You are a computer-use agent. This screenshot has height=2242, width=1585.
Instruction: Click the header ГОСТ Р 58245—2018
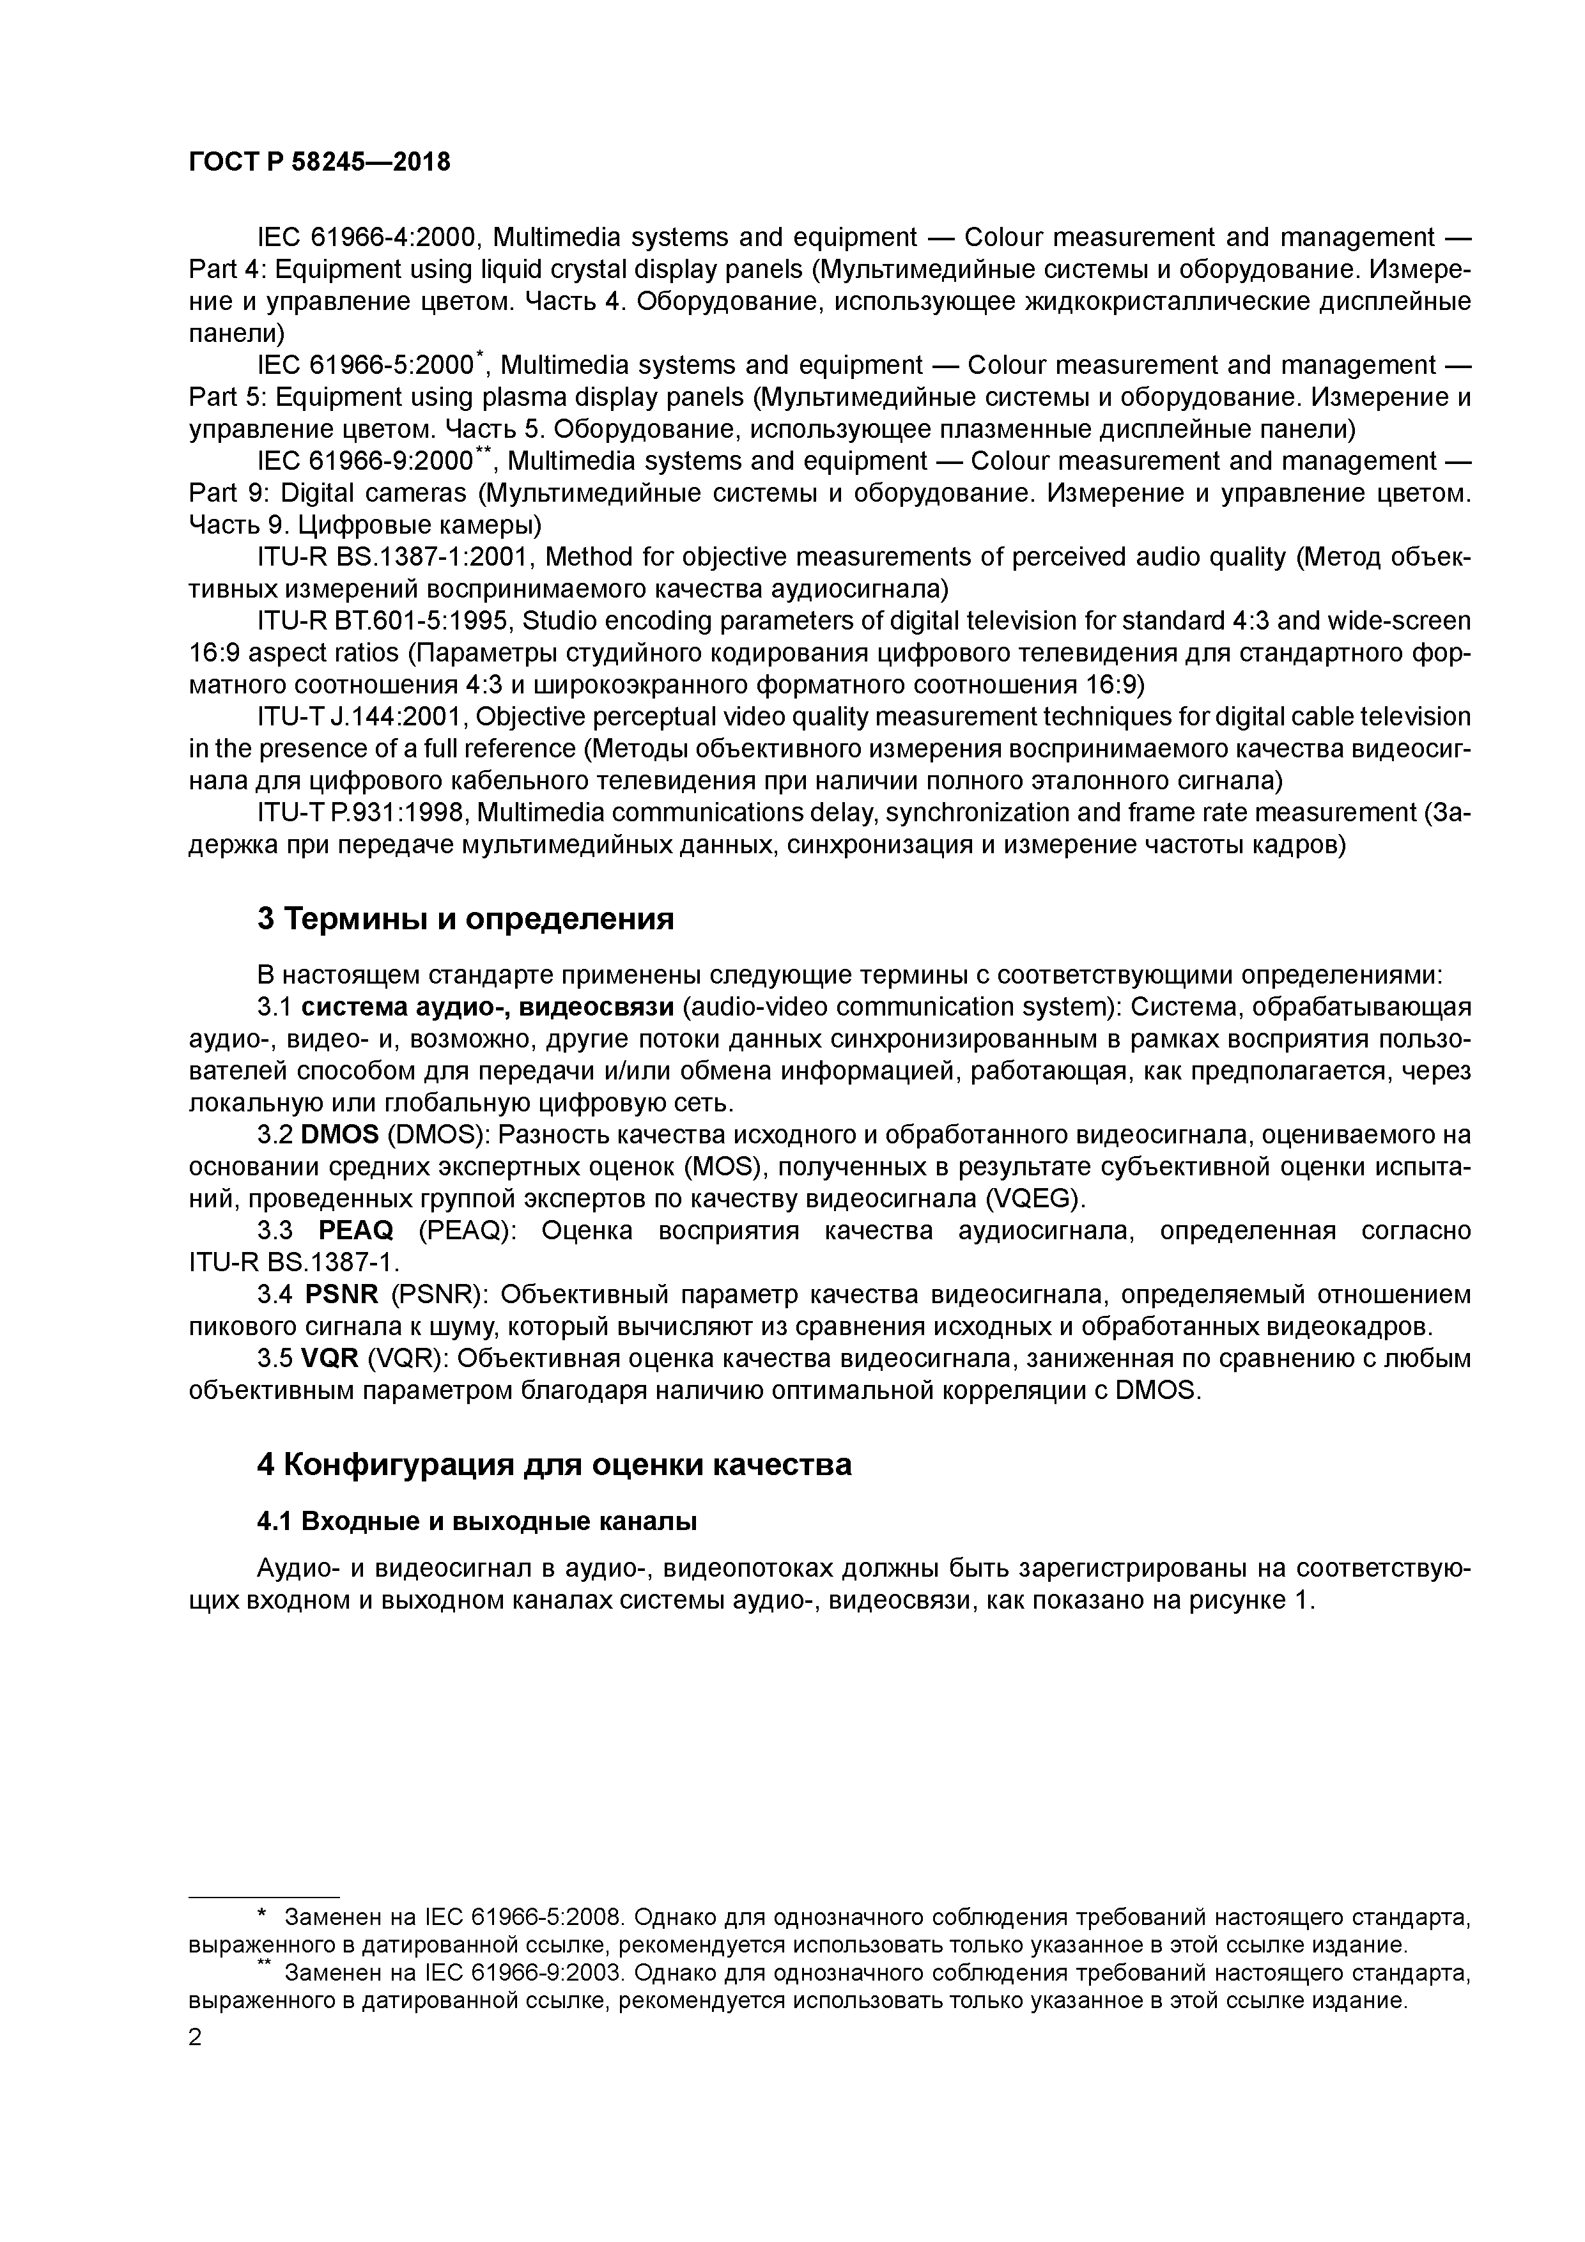[x=320, y=162]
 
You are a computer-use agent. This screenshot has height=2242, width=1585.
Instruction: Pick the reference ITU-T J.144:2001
[x=361, y=716]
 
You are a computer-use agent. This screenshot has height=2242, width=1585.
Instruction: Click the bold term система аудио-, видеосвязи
[x=487, y=1007]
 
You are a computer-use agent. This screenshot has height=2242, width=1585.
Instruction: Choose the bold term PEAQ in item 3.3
[x=355, y=1230]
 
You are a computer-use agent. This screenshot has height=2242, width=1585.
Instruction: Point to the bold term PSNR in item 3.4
[x=342, y=1295]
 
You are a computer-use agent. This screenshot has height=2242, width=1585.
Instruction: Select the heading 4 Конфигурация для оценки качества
[x=553, y=1465]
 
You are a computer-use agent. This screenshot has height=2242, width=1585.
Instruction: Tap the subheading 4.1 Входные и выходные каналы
[x=477, y=1521]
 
